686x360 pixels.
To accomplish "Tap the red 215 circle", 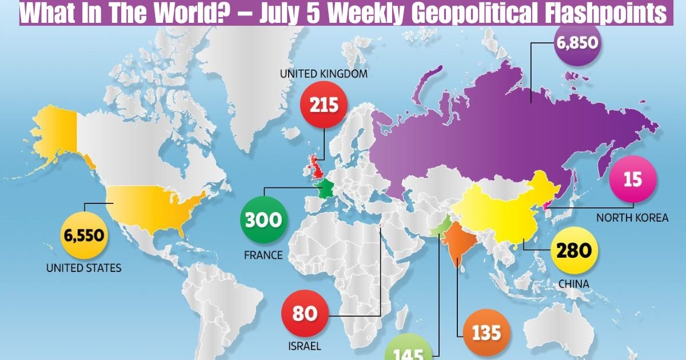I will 324,105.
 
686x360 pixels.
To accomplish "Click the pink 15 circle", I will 632,180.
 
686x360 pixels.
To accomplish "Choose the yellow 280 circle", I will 574,250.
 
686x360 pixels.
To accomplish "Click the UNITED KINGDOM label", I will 323,74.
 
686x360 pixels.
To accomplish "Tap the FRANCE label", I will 264,255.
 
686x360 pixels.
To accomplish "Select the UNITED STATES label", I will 83,267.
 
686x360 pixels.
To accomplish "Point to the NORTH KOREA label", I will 632,218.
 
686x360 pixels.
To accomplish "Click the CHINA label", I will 574,283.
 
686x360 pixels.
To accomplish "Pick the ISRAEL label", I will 305,346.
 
